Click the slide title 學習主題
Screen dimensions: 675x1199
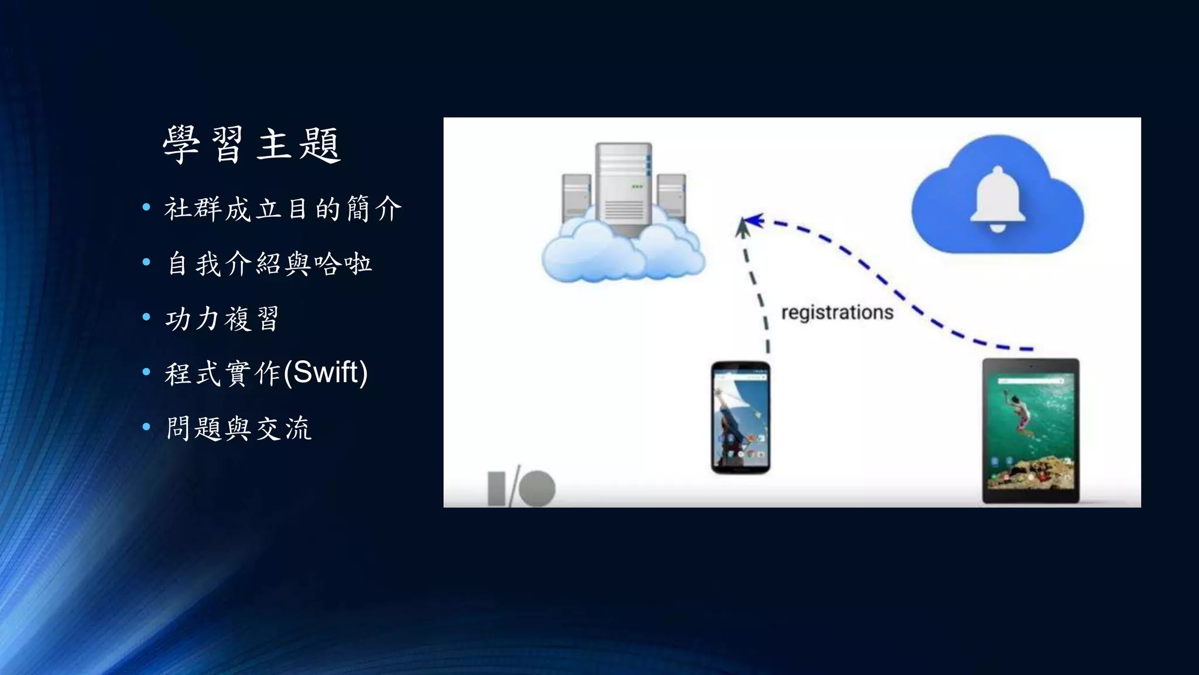tap(251, 144)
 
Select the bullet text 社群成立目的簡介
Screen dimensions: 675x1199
tap(283, 209)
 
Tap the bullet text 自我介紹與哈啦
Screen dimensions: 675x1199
tap(269, 264)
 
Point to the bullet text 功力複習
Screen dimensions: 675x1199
tap(222, 319)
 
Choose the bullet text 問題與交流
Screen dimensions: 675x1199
tap(238, 428)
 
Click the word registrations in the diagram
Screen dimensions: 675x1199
tap(837, 312)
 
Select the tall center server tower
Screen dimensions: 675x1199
tap(624, 187)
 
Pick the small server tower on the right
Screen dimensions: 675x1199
tap(672, 197)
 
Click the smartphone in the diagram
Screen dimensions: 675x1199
tap(741, 417)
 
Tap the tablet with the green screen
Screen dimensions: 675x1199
tap(1031, 431)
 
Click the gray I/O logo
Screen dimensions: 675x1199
tap(520, 487)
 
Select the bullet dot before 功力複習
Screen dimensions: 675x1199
tap(146, 318)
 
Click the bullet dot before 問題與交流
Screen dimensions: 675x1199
tap(146, 427)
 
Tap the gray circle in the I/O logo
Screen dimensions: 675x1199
tap(537, 489)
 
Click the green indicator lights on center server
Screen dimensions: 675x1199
tap(637, 187)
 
